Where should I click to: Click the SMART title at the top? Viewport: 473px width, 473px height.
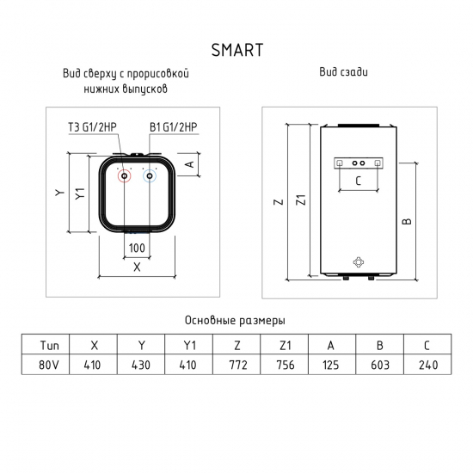(236, 47)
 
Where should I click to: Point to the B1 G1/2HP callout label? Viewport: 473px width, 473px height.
(175, 128)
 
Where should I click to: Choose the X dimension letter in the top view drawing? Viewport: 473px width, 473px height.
(137, 267)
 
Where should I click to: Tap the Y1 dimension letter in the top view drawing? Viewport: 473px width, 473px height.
(80, 194)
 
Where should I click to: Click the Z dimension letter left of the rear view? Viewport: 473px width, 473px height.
(279, 203)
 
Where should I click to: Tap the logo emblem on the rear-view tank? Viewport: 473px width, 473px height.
(360, 261)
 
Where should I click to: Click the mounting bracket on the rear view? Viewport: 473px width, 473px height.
(360, 163)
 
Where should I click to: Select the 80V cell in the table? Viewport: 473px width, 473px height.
(50, 365)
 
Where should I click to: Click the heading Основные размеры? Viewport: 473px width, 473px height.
(234, 320)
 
